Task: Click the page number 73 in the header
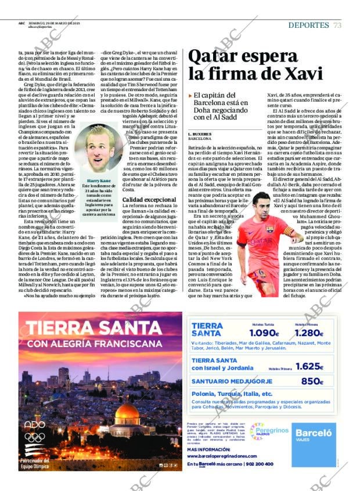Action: [337, 25]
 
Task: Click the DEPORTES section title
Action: [308, 25]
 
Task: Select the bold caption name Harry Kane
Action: [96, 180]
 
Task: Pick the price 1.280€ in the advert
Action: [308, 333]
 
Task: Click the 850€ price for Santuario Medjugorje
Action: [312, 381]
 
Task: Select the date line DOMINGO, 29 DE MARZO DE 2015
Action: [48, 23]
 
